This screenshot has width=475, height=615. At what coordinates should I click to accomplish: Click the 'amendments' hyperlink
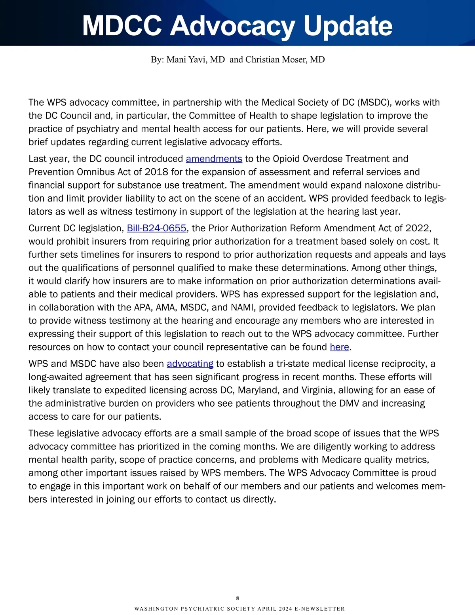(214, 159)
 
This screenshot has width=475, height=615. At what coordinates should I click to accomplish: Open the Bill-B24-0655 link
(156, 228)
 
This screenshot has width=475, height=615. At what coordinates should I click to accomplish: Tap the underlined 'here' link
(339, 347)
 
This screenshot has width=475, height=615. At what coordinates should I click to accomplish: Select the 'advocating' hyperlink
(190, 364)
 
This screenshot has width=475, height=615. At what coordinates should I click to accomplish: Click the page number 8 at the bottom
(237, 598)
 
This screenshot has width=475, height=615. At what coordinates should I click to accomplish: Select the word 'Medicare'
(342, 460)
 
